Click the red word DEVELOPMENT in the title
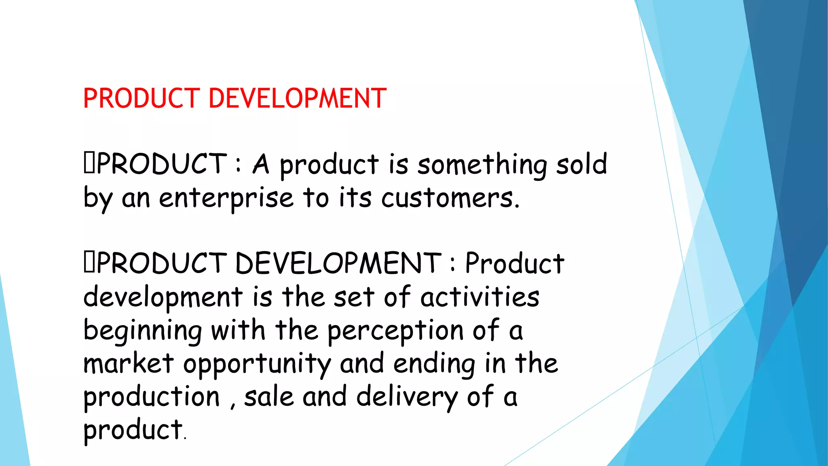pyautogui.click(x=298, y=98)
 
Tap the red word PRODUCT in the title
pyautogui.click(x=142, y=98)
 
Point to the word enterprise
pyautogui.click(x=226, y=198)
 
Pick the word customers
pyautogui.click(x=450, y=198)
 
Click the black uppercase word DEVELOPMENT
pyautogui.click(x=338, y=263)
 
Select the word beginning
pyautogui.click(x=142, y=331)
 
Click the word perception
pyautogui.click(x=395, y=331)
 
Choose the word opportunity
pyautogui.click(x=257, y=364)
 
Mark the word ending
pyautogui.click(x=434, y=364)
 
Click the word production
pyautogui.click(x=152, y=397)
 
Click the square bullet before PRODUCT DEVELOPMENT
pyautogui.click(x=89, y=263)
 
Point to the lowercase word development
pyautogui.click(x=163, y=297)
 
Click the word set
pyautogui.click(x=354, y=297)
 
